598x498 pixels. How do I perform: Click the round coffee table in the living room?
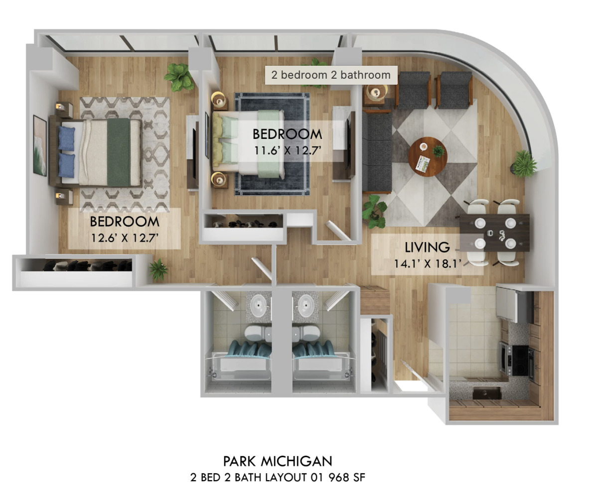(428, 156)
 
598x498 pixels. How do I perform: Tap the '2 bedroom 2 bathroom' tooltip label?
(331, 75)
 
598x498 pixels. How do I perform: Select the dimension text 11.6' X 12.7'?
(287, 150)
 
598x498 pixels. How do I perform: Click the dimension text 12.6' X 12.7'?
(125, 237)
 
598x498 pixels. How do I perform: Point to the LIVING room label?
(427, 247)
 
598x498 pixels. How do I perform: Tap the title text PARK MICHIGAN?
(278, 461)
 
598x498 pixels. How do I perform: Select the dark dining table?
(494, 232)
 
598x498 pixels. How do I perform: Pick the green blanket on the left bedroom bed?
(119, 152)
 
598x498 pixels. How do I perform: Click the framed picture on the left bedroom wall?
(39, 145)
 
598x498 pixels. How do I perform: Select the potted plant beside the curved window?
(524, 163)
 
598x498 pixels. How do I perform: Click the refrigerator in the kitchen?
(513, 305)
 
